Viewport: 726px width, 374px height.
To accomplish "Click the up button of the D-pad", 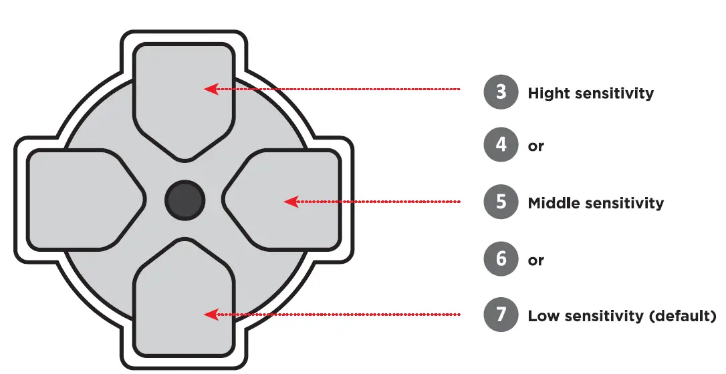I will pos(184,93).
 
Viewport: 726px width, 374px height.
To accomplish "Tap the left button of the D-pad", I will pos(80,200).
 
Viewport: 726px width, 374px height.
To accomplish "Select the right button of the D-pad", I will pos(287,200).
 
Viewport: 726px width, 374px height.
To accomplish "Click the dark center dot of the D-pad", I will pos(185,200).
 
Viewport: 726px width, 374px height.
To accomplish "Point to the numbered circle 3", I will pos(501,91).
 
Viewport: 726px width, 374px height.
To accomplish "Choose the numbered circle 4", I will pos(501,144).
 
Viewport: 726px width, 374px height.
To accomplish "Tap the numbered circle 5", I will pos(501,202).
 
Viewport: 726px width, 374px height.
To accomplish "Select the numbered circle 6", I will pos(501,259).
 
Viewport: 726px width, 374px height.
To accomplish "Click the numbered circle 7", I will pos(501,315).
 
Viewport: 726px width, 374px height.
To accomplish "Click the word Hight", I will pos(546,93).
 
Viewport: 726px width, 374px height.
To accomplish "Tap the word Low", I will pos(541,316).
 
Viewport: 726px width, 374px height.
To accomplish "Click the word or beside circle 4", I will pos(536,146).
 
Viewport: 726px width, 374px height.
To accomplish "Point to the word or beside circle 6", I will pos(536,260).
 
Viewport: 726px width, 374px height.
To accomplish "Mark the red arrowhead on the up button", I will pos(211,89).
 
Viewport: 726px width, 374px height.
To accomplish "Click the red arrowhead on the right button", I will pos(290,201).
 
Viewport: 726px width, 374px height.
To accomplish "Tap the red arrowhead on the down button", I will pos(211,314).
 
